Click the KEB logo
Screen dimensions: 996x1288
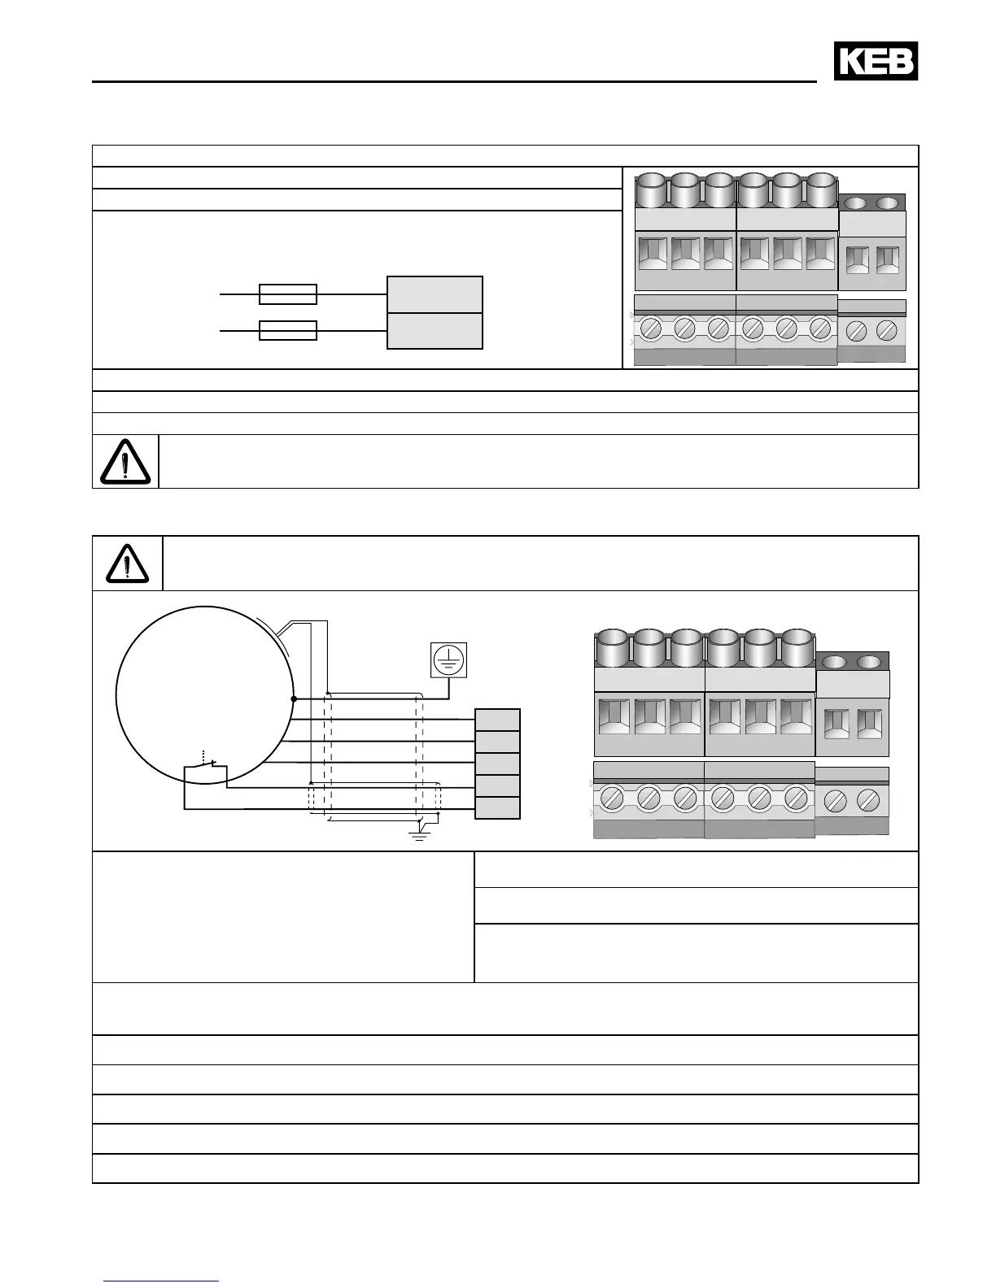(876, 62)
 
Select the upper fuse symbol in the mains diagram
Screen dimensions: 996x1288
(287, 294)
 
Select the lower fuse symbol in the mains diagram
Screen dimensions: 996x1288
(287, 330)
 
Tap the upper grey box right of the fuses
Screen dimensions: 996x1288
(435, 294)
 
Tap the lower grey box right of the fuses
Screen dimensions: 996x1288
(435, 331)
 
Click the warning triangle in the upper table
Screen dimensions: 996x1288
(125, 462)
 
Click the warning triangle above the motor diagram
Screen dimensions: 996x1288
(127, 563)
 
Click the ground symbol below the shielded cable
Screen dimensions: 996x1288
(419, 832)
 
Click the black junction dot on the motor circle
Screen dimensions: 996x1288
(294, 698)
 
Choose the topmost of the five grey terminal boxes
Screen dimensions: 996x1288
(497, 720)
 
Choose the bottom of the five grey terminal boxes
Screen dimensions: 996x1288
(497, 807)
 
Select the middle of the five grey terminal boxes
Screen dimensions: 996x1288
(497, 764)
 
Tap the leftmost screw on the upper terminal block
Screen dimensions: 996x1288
(650, 329)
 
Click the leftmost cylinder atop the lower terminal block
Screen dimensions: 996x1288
(612, 649)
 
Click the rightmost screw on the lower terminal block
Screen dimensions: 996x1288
(869, 800)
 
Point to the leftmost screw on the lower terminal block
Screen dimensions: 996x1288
(612, 798)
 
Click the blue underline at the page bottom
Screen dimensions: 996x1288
(161, 1281)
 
